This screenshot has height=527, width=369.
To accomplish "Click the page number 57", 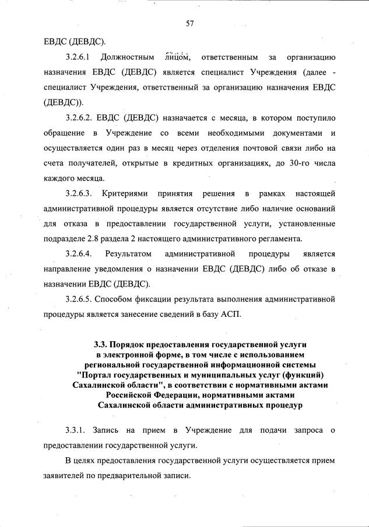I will coord(189,23).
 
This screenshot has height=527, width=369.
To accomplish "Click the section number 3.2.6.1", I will coord(80,58).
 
